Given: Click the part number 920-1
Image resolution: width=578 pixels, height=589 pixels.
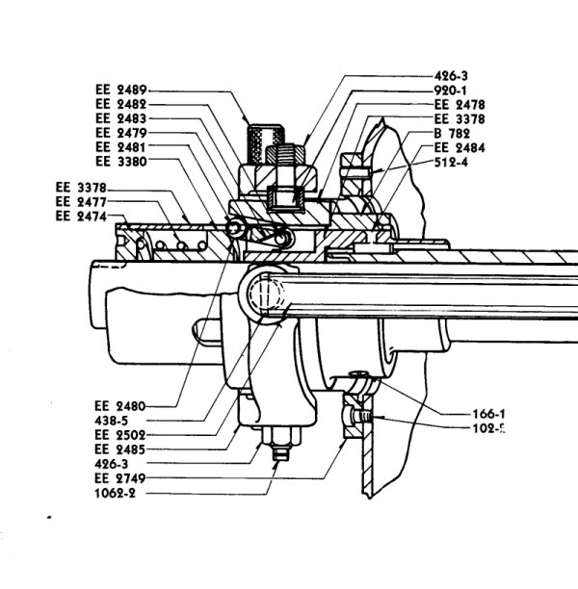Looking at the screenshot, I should coord(455,89).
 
